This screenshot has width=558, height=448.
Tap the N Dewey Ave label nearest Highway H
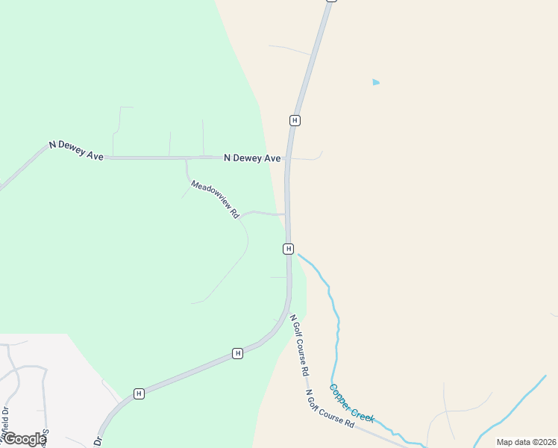[x=252, y=158]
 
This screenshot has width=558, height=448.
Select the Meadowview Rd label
[x=214, y=199]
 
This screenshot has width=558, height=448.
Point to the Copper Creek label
[x=351, y=404]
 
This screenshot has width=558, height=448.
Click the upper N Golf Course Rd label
[x=300, y=344]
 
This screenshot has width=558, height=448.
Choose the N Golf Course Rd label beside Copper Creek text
[x=329, y=408]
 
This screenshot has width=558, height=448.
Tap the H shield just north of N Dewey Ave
[x=295, y=120]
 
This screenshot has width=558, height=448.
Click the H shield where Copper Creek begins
[x=289, y=249]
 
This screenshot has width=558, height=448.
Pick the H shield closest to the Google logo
[x=138, y=393]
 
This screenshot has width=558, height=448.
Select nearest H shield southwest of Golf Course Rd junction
[x=237, y=353]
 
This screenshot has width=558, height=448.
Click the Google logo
[x=24, y=439]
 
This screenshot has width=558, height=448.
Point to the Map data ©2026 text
[x=526, y=442]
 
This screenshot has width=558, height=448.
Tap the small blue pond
[x=376, y=82]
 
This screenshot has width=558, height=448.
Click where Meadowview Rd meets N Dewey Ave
[x=186, y=158]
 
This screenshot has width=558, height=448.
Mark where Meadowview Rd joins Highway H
[x=286, y=214]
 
